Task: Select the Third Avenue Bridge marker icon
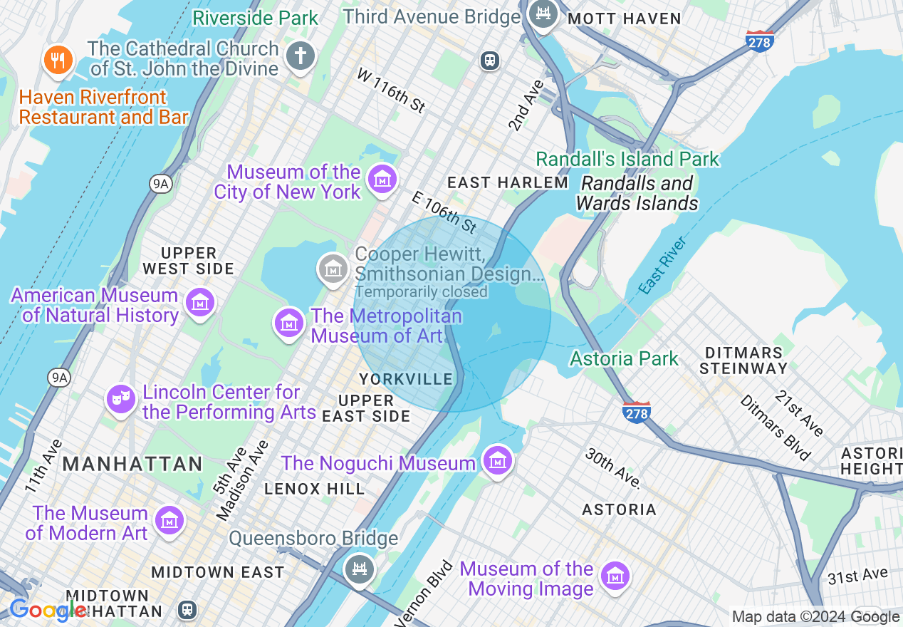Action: point(544,14)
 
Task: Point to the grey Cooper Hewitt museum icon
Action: point(333,269)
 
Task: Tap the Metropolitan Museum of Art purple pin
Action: point(288,323)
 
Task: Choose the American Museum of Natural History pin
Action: point(200,303)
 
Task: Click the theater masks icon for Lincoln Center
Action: point(120,399)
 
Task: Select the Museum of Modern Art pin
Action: point(169,520)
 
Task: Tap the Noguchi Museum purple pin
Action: point(498,461)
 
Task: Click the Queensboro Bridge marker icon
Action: point(360,569)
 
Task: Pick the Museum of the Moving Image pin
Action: point(615,576)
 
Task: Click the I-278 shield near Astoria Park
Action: point(636,413)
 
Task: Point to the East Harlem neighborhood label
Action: point(507,183)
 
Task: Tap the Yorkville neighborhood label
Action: point(406,379)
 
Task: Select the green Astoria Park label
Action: point(624,358)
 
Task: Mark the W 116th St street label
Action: point(391,90)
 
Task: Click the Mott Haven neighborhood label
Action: point(624,19)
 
